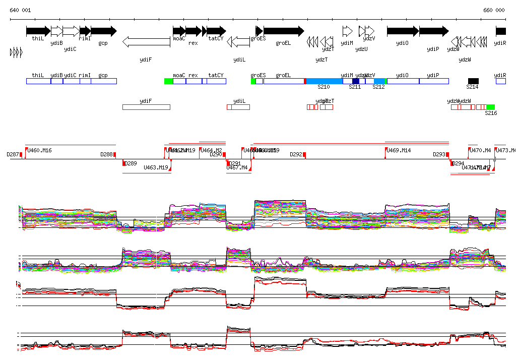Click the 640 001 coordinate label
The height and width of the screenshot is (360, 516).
pyautogui.click(x=20, y=10)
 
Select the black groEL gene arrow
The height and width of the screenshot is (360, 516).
pyautogui.click(x=284, y=31)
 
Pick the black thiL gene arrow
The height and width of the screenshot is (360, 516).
pyautogui.click(x=38, y=31)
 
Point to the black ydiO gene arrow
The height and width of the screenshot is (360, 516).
pyautogui.click(x=403, y=31)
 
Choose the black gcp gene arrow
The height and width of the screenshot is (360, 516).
pyautogui.click(x=103, y=31)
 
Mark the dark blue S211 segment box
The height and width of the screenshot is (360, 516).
pyautogui.click(x=356, y=81)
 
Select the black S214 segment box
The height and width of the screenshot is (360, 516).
pyautogui.click(x=473, y=81)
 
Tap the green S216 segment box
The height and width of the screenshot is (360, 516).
pyautogui.click(x=490, y=107)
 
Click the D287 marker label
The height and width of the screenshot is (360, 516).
pyautogui.click(x=13, y=154)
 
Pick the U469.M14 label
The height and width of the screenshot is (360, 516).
pyautogui.click(x=399, y=150)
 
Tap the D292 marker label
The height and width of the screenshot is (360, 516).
pyautogui.click(x=296, y=154)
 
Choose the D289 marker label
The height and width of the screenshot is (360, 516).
pyautogui.click(x=131, y=163)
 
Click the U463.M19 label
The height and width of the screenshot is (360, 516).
pyautogui.click(x=156, y=167)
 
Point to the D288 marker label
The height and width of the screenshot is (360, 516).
pyautogui.click(x=106, y=154)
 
